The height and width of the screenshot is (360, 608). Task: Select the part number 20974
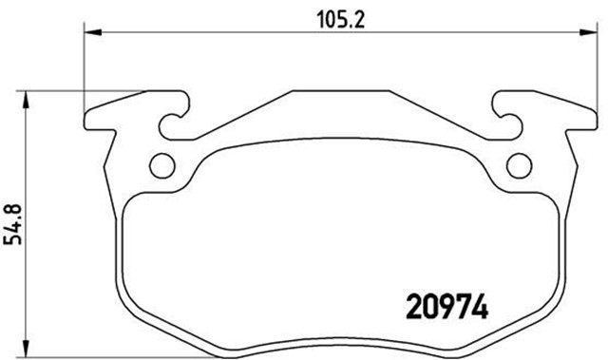447,308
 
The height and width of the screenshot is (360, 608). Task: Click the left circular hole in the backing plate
162,164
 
